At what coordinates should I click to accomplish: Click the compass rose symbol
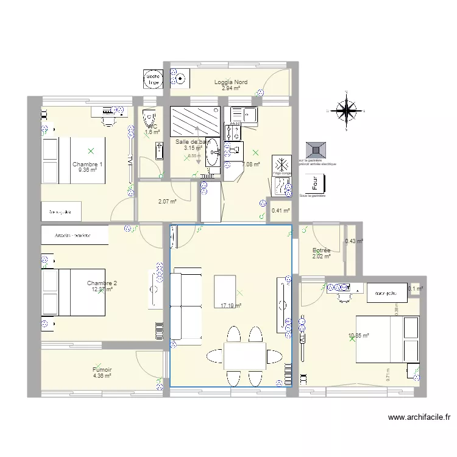click(346, 110)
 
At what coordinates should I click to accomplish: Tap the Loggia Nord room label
click(230, 82)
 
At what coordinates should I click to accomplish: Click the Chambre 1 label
click(87, 165)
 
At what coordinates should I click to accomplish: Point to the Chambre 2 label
click(102, 283)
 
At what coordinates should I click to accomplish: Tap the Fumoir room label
click(102, 370)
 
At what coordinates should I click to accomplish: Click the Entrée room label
click(321, 250)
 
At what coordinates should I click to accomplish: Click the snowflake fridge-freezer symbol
click(282, 165)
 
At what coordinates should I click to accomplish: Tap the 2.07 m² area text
click(167, 202)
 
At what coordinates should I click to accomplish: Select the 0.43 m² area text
click(353, 241)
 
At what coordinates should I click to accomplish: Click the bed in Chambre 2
click(73, 292)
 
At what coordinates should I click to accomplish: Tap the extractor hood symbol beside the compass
click(316, 150)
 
